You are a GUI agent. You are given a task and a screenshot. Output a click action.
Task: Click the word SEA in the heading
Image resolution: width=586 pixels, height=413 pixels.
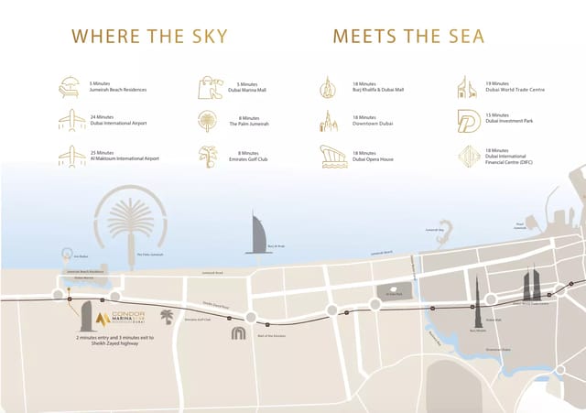point(460,37)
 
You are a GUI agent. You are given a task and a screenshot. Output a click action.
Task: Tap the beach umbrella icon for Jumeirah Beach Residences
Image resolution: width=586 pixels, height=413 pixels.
point(70,87)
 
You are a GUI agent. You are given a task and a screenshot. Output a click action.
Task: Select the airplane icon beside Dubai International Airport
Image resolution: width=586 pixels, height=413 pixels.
point(71,120)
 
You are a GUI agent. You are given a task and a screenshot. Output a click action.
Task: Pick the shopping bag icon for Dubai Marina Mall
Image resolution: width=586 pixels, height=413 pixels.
point(209,87)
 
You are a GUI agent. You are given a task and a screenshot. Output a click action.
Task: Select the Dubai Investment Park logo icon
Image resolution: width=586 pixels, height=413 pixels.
point(470,120)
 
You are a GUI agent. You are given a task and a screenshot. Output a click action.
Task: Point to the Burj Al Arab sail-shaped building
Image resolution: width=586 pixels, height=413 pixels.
point(255,233)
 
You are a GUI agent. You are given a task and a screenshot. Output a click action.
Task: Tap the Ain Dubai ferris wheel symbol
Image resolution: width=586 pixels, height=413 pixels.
point(66,255)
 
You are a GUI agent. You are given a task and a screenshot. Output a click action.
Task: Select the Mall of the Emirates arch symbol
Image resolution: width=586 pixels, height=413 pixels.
point(238,332)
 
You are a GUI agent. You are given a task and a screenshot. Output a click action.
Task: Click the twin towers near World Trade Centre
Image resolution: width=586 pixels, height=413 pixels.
point(532,285)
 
